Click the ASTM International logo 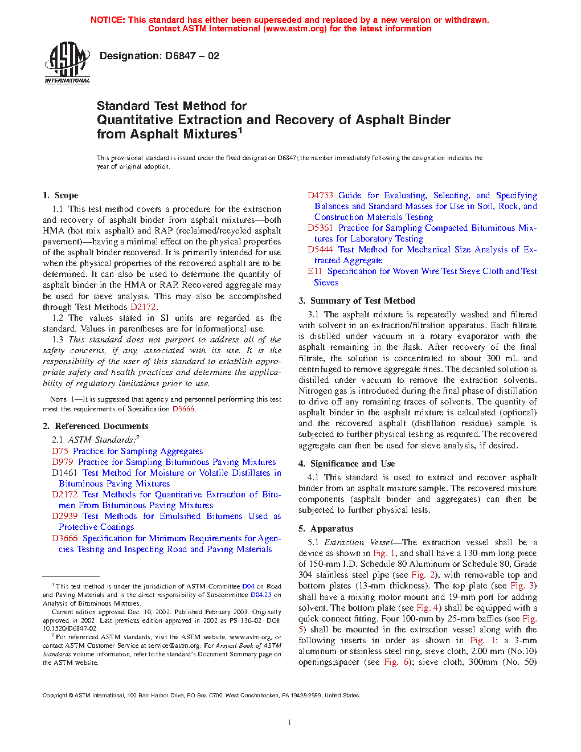pyautogui.click(x=67, y=63)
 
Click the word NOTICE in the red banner pyautogui.click(x=108, y=20)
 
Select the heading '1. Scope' pyautogui.click(x=60, y=195)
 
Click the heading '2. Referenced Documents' pyautogui.click(x=96, y=426)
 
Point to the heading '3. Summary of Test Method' pyautogui.click(x=357, y=301)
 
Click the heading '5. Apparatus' pyautogui.click(x=326, y=529)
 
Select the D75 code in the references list pyautogui.click(x=60, y=451)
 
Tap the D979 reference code pyautogui.click(x=63, y=462)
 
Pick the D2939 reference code pyautogui.click(x=64, y=516)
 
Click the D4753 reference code pyautogui.click(x=320, y=195)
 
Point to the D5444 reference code pyautogui.click(x=320, y=250)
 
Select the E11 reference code pyautogui.click(x=315, y=271)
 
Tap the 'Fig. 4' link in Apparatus pyautogui.click(x=428, y=608)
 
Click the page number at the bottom pyautogui.click(x=290, y=723)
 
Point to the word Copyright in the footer pyautogui.click(x=55, y=696)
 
